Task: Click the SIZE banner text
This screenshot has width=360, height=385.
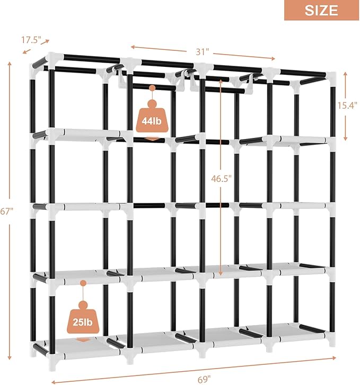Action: click(x=321, y=10)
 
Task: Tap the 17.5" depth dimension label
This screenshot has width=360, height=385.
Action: click(x=31, y=40)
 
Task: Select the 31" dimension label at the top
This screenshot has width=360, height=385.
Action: click(x=201, y=51)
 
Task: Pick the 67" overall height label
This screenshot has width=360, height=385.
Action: click(x=6, y=211)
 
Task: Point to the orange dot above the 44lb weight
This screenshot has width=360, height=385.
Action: click(x=152, y=89)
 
